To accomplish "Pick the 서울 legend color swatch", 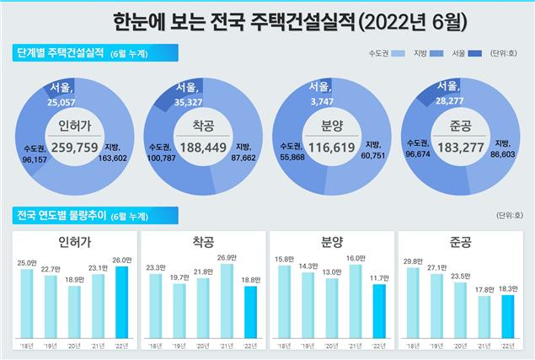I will click(x=475, y=54).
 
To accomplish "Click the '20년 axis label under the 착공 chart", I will click(x=202, y=346).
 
